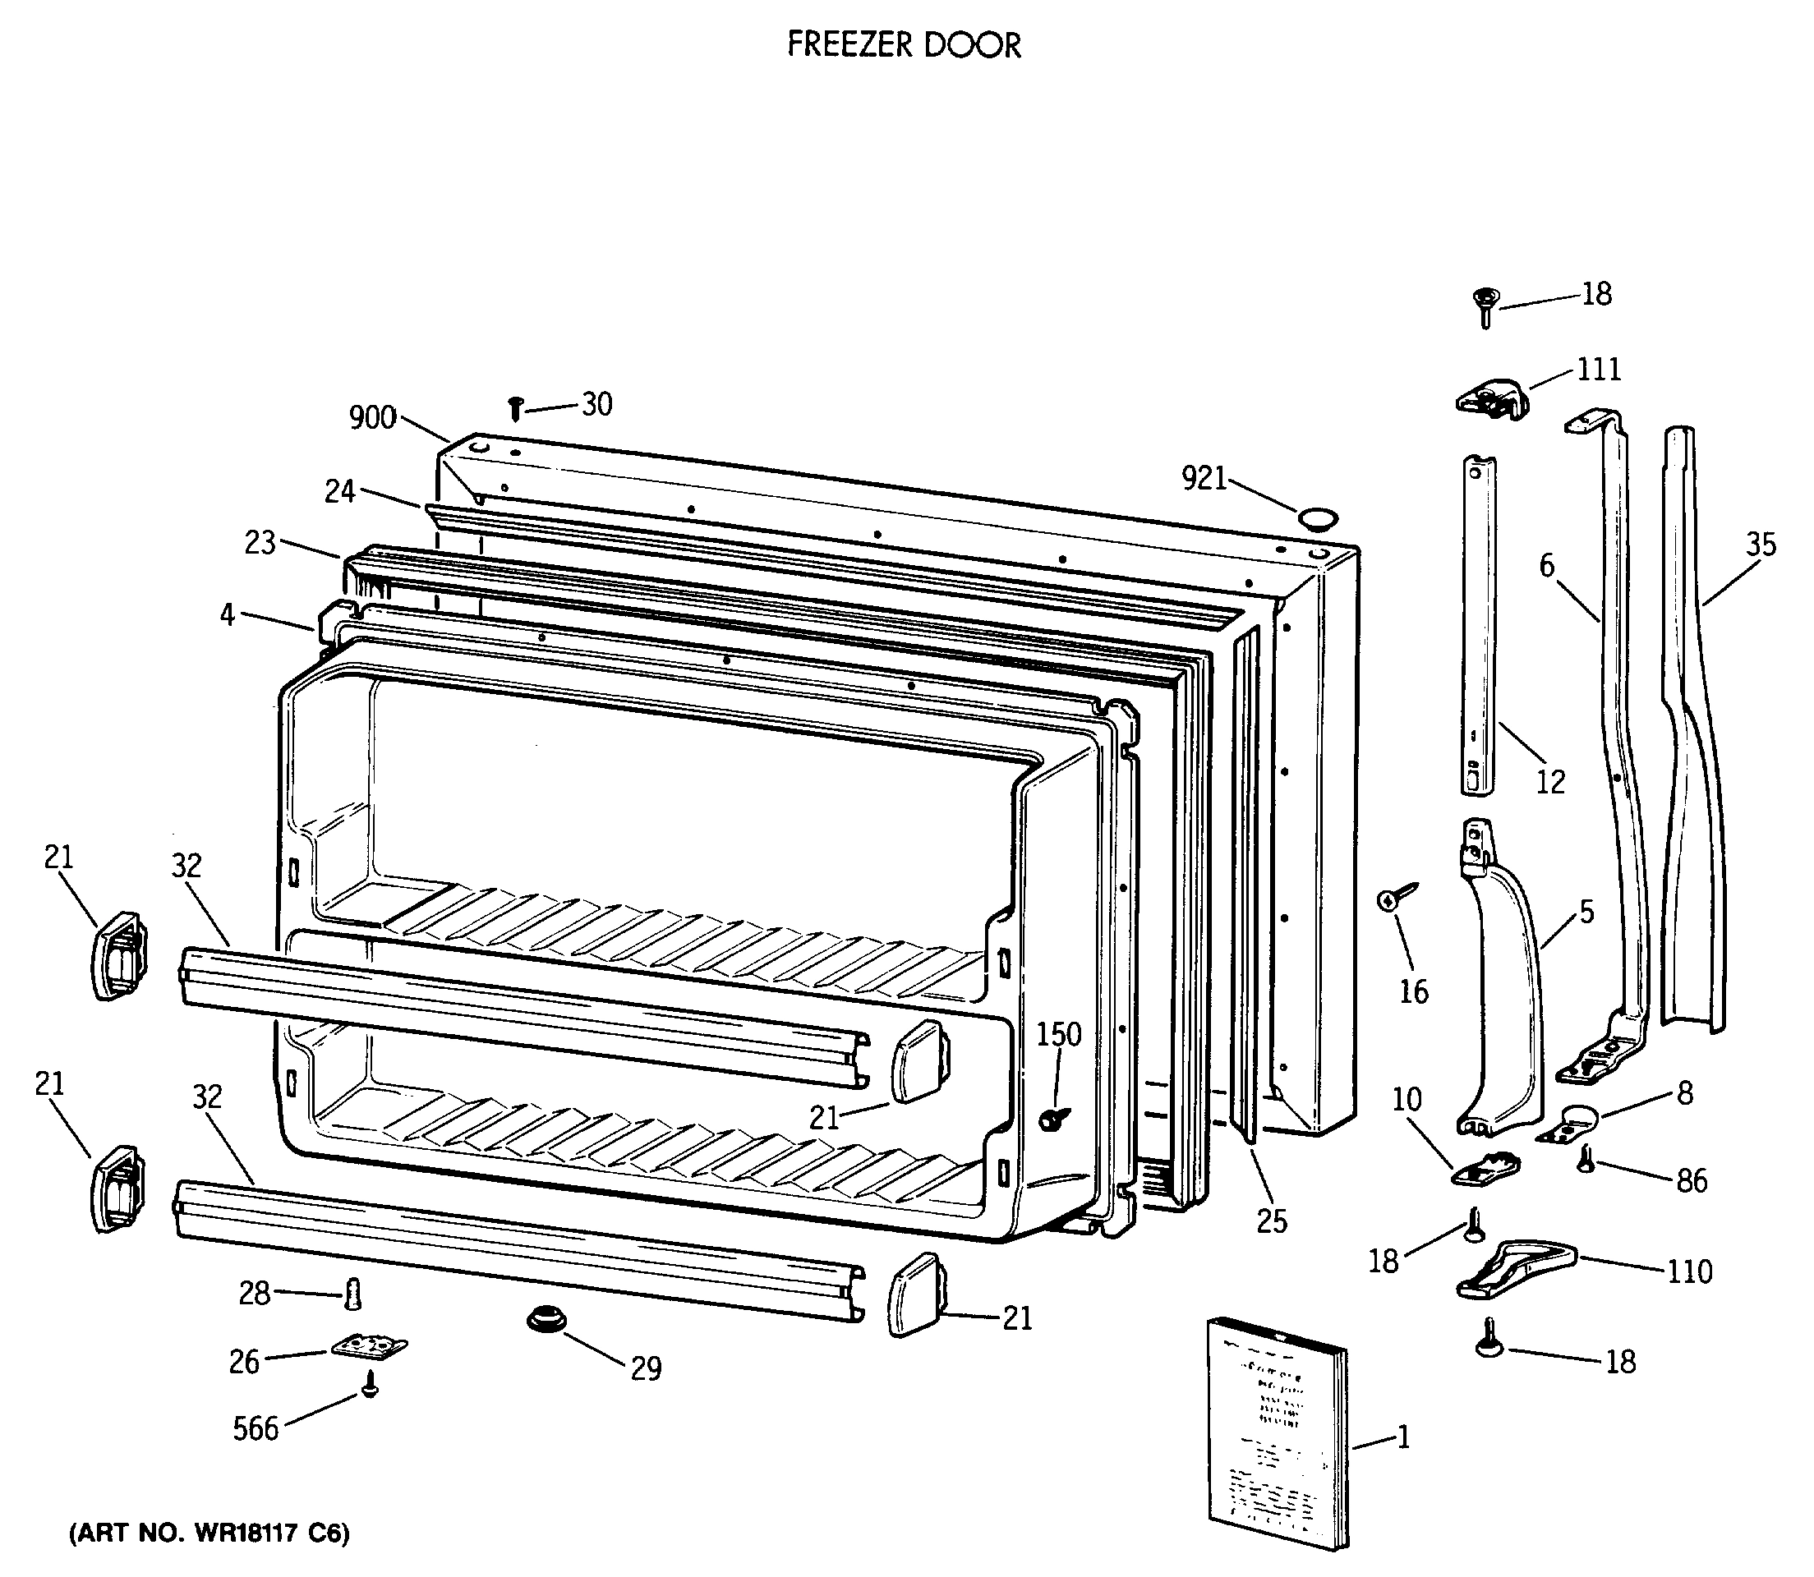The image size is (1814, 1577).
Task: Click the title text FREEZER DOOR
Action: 904,45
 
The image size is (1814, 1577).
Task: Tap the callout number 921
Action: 1204,479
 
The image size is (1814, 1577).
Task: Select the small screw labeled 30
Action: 517,407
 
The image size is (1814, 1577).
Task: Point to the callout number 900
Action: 372,418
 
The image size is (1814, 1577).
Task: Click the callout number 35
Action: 1761,545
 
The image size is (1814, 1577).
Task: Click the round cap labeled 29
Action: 546,1321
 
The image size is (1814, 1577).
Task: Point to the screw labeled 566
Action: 371,1387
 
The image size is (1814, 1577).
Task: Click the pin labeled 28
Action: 353,1294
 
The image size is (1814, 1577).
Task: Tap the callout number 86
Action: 1691,1181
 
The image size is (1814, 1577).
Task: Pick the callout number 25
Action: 1271,1221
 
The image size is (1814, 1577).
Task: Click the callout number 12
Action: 1550,780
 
